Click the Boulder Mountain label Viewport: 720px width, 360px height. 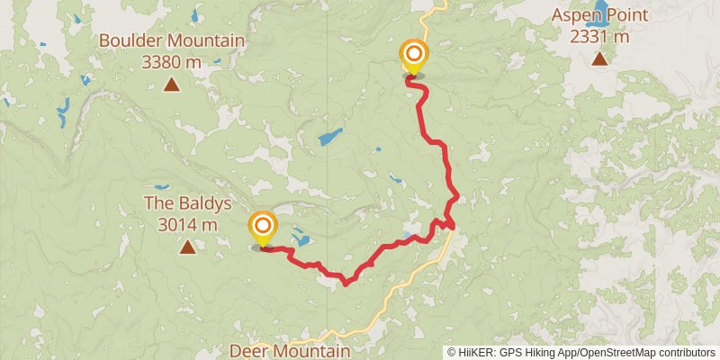pos(172,40)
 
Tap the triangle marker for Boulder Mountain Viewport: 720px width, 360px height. pos(171,86)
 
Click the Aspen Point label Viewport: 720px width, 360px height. pos(598,15)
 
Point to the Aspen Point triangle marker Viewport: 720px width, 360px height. pos(598,60)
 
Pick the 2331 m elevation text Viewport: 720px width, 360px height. pos(598,37)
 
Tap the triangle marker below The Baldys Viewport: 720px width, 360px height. pos(186,247)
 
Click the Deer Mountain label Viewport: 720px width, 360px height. pos(290,351)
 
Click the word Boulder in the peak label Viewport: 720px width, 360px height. pos(131,40)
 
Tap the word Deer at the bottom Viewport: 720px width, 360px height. pos(248,351)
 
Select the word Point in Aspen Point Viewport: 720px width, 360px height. pos(625,15)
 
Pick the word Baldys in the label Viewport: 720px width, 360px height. pos(201,203)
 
